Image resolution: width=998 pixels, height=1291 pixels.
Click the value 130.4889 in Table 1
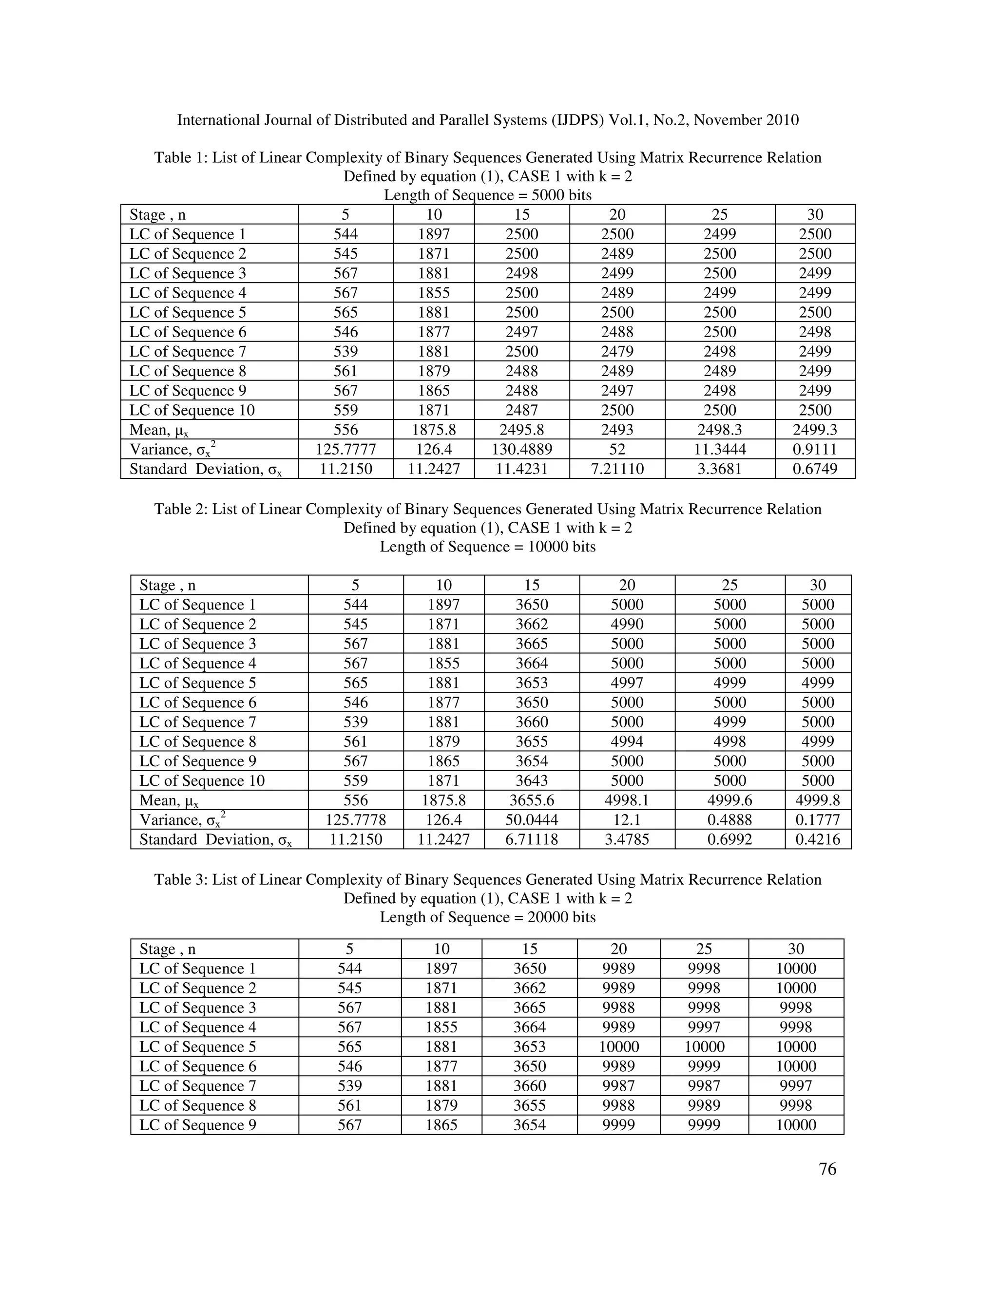click(x=522, y=449)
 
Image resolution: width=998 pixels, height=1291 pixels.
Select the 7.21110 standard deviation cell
click(x=617, y=469)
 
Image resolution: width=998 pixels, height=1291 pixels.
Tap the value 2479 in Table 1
click(x=617, y=352)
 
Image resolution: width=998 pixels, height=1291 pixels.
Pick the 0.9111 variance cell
click(x=815, y=449)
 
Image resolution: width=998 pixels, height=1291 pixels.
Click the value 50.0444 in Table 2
click(x=532, y=820)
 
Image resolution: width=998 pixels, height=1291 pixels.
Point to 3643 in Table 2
click(x=532, y=781)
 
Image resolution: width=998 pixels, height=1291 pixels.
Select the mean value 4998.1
click(x=627, y=800)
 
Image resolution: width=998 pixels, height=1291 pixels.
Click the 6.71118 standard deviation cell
click(x=532, y=839)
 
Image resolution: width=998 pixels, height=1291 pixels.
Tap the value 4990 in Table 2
click(x=627, y=624)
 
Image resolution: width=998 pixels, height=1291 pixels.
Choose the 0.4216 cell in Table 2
click(x=818, y=839)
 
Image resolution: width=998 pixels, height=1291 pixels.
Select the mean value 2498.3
click(x=720, y=430)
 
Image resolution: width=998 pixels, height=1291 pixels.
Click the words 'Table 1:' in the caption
click(x=180, y=158)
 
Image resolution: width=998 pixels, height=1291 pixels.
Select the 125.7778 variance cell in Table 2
click(x=355, y=820)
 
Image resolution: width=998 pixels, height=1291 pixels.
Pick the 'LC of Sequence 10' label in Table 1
click(x=192, y=410)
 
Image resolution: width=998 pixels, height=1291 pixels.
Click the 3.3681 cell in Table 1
click(x=720, y=469)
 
